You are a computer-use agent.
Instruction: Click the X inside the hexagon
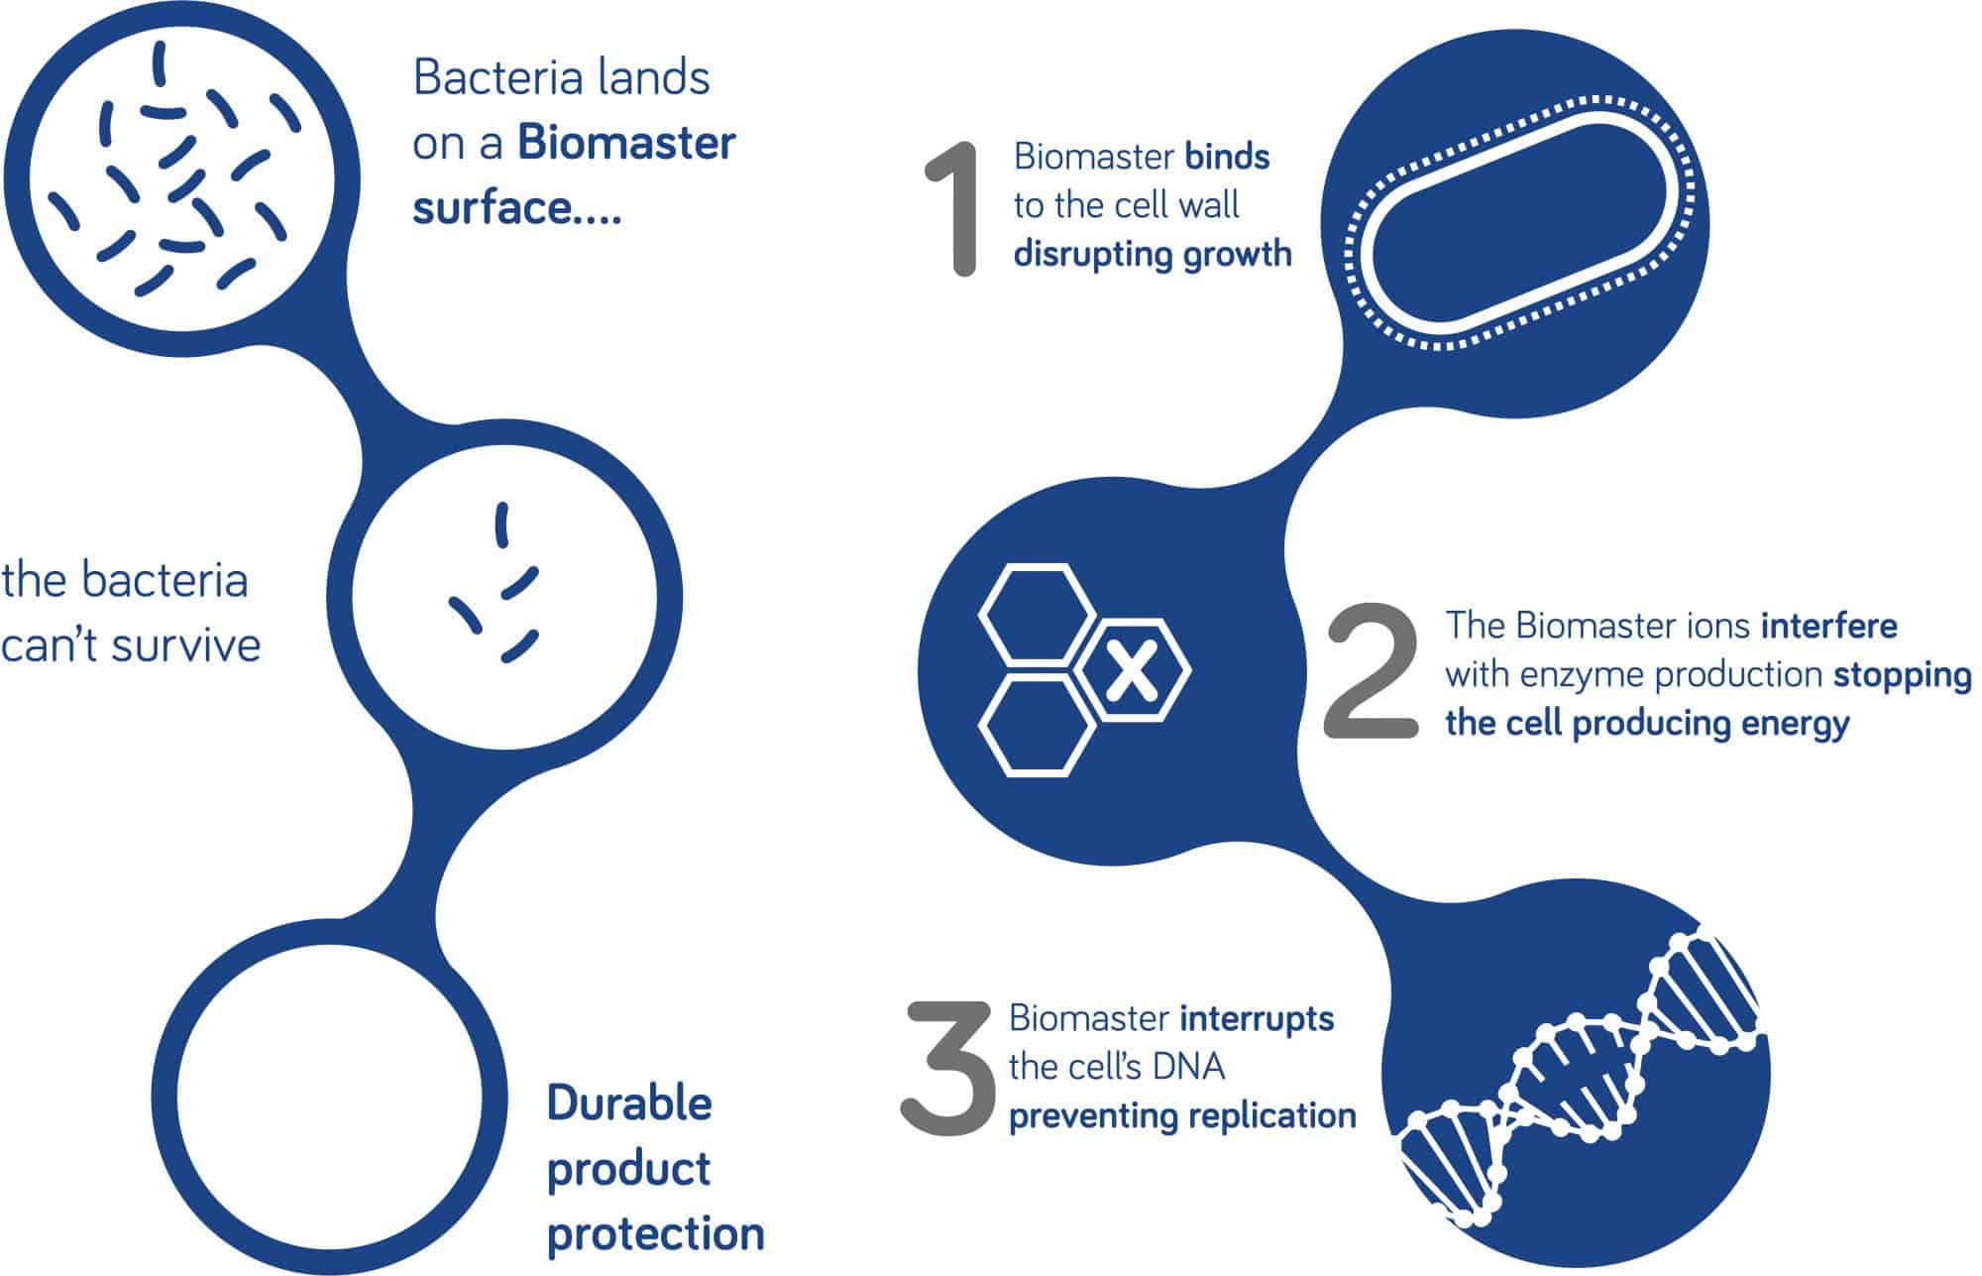click(x=1131, y=672)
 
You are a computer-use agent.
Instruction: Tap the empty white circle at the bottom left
click(x=317, y=1090)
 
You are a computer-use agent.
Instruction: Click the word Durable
click(x=629, y=1102)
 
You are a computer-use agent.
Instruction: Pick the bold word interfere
click(x=1828, y=626)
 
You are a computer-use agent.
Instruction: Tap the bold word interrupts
click(x=1257, y=1018)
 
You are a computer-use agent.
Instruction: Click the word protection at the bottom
click(x=655, y=1235)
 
